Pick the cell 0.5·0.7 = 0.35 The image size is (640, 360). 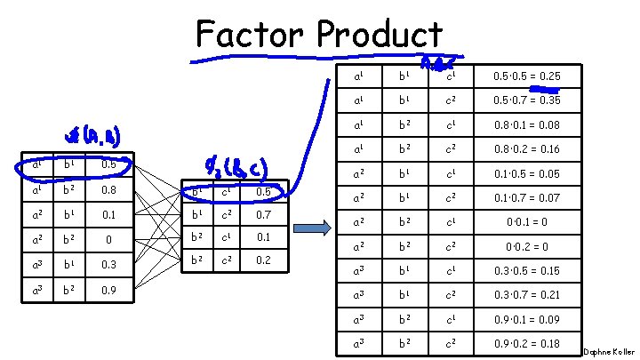pyautogui.click(x=528, y=100)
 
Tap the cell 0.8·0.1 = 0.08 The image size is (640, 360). pyautogui.click(x=528, y=125)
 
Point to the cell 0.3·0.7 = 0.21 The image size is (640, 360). pyautogui.click(x=528, y=295)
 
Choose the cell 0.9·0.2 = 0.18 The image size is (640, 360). pyautogui.click(x=528, y=343)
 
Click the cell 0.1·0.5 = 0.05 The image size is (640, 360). pyautogui.click(x=528, y=174)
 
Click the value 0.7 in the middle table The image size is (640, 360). pyautogui.click(x=262, y=216)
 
